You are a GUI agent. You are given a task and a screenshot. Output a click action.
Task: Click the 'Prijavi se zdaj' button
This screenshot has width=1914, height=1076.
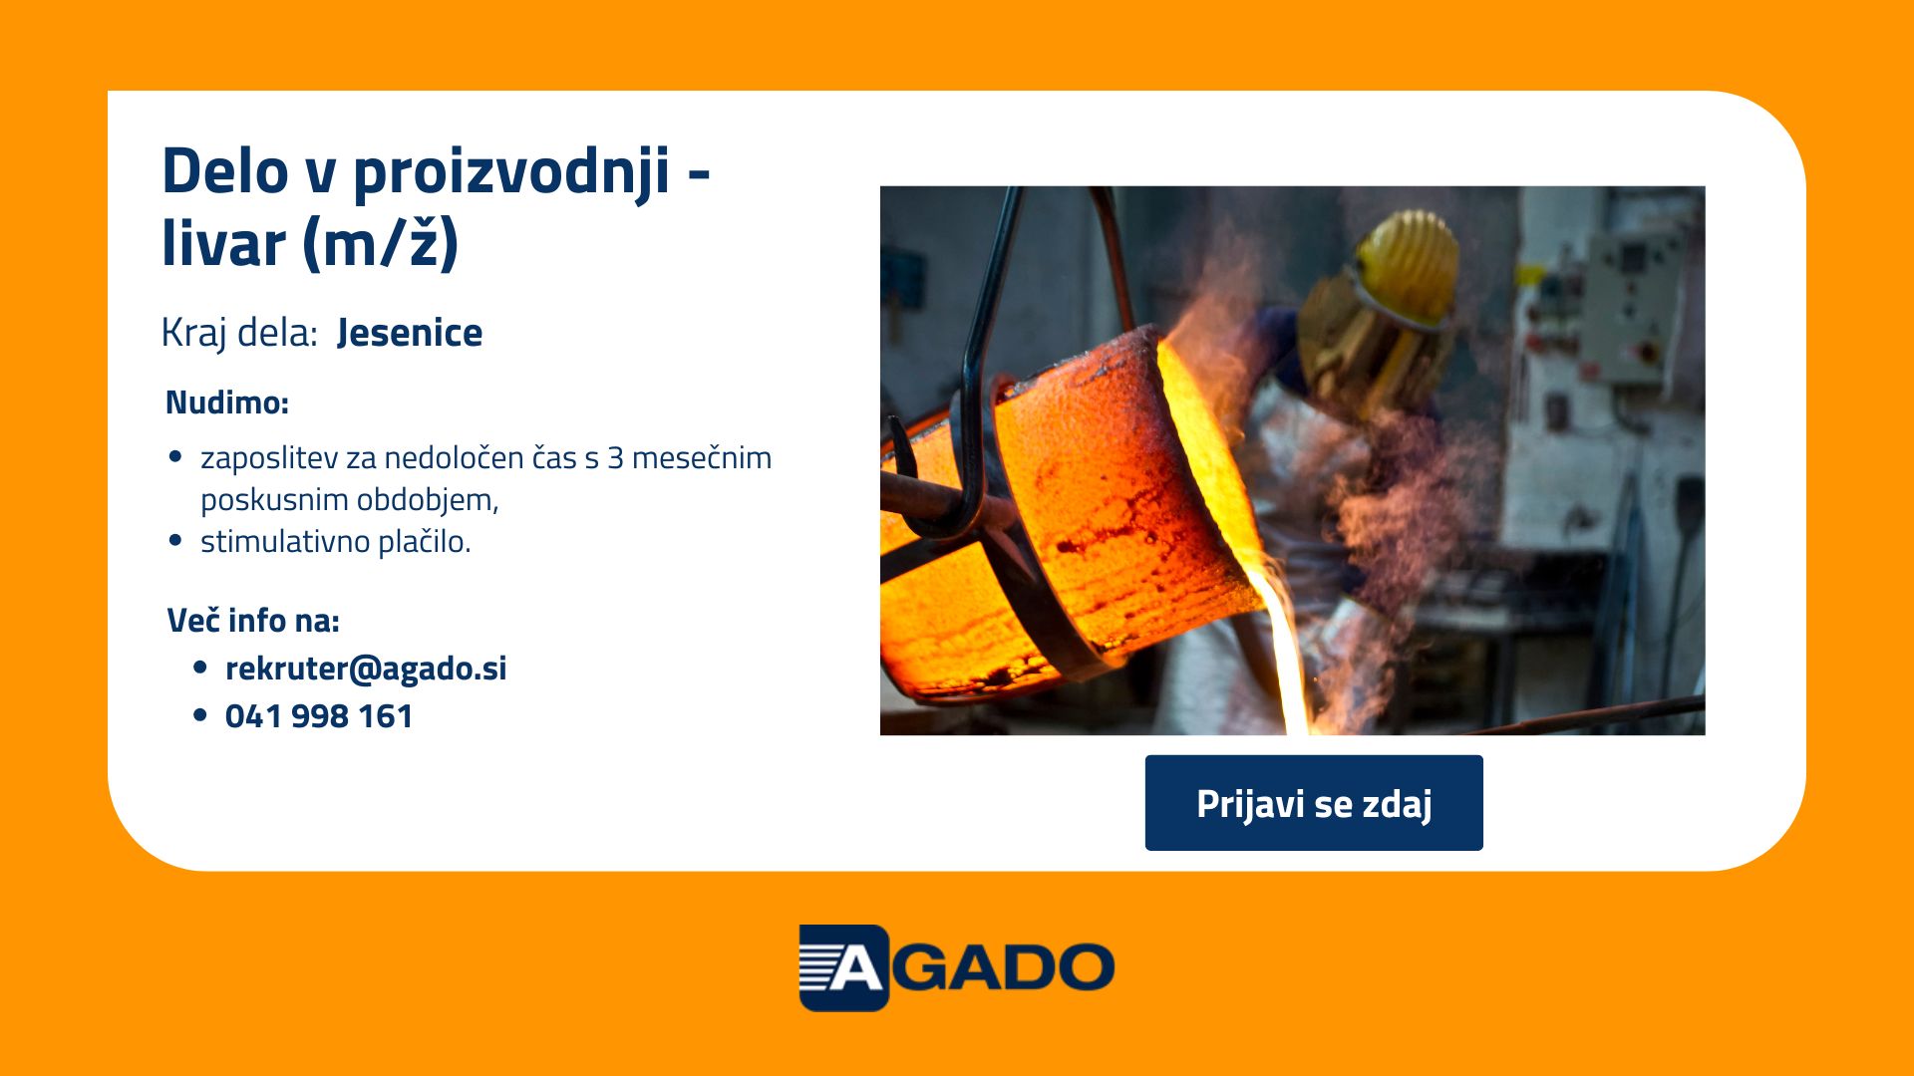coord(1314,803)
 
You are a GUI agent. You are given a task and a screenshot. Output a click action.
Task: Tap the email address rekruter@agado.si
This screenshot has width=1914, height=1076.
coord(366,669)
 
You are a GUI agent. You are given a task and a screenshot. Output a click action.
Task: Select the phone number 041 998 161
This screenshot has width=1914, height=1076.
coord(319,716)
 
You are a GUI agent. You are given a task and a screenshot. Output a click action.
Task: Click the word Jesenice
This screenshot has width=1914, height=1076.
coord(410,333)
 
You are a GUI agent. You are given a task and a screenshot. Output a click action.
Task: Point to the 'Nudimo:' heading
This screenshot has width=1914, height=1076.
coord(227,403)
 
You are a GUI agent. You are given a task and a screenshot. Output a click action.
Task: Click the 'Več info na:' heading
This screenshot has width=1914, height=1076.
coord(253,620)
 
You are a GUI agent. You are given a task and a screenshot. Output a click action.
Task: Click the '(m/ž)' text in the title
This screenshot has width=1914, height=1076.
coord(380,243)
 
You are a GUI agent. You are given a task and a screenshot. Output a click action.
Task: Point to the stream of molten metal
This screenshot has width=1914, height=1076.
coord(1285,649)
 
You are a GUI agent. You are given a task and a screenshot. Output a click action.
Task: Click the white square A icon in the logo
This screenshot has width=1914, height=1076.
coord(843,967)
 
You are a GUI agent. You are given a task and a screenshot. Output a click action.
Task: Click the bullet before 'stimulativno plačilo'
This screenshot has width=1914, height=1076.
coord(176,541)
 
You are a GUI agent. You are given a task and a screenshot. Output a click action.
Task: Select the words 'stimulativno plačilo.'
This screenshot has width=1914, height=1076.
coord(336,542)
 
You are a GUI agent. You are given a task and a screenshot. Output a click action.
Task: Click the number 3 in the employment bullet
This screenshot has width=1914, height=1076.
coord(615,458)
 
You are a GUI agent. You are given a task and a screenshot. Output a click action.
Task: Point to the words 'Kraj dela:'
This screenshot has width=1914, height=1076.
coord(239,333)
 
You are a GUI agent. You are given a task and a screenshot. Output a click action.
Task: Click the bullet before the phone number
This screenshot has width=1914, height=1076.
coord(200,715)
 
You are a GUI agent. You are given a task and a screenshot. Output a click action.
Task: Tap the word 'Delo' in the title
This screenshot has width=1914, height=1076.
coord(225,171)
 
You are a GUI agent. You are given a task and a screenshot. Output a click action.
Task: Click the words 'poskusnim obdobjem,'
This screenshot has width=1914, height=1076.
coord(350,500)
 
